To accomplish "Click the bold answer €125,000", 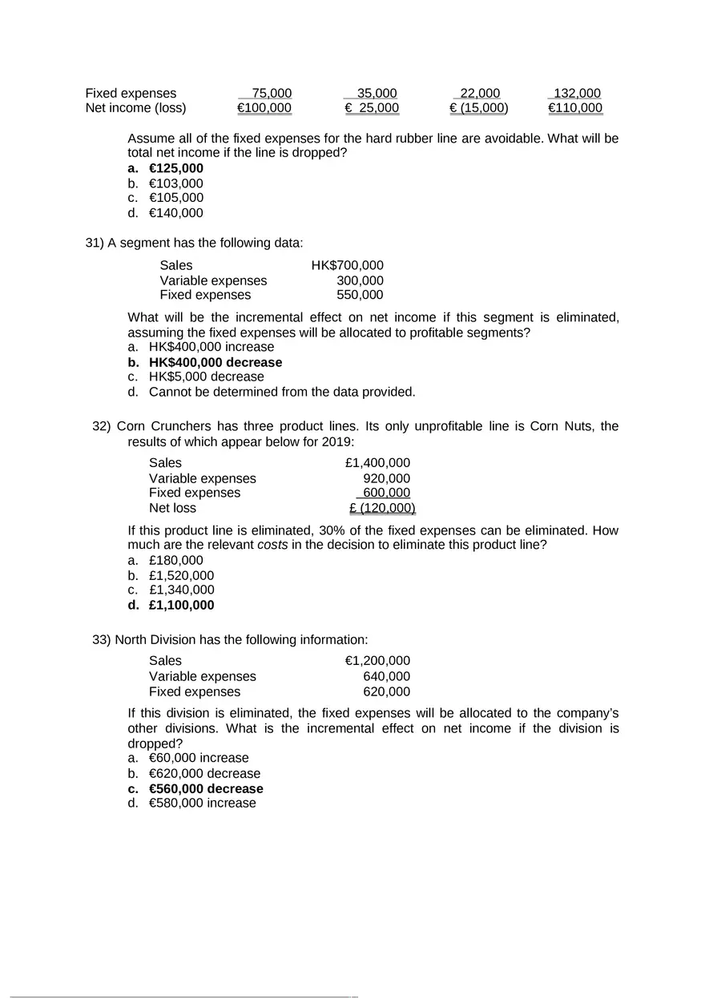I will pyautogui.click(x=175, y=168).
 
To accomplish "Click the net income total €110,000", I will pyautogui.click(x=575, y=108).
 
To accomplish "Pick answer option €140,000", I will pyautogui.click(x=175, y=213).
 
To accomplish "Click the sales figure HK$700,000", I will pyautogui.click(x=347, y=265).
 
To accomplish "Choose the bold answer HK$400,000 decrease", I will pyautogui.click(x=215, y=362).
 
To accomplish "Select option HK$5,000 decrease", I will pyautogui.click(x=206, y=377).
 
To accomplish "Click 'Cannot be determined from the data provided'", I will pyautogui.click(x=282, y=392).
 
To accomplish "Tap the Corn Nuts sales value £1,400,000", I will pyautogui.click(x=377, y=463).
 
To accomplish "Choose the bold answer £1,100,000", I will pyautogui.click(x=181, y=605).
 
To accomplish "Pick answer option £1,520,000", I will pyautogui.click(x=181, y=575).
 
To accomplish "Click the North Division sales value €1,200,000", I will pyautogui.click(x=377, y=661).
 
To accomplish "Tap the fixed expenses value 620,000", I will pyautogui.click(x=386, y=691).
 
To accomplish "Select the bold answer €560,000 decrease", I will pyautogui.click(x=206, y=788).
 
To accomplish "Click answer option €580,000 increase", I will pyautogui.click(x=202, y=803).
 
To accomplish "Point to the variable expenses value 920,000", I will pyautogui.click(x=386, y=478).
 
